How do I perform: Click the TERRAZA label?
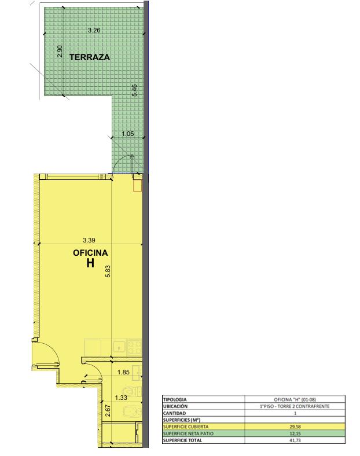(x=90, y=57)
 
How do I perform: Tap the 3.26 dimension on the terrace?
(x=94, y=30)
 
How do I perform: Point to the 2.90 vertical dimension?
(x=60, y=51)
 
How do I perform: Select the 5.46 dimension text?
(x=134, y=90)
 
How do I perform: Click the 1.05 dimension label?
(x=128, y=134)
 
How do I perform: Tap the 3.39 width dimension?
(x=89, y=240)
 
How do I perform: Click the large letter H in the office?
(x=90, y=263)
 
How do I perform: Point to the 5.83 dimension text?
(x=108, y=271)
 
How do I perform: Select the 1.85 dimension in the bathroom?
(x=123, y=372)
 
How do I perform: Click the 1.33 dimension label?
(x=121, y=398)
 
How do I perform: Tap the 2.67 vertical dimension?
(x=108, y=411)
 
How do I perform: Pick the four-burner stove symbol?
(x=135, y=347)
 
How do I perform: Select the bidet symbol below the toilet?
(x=133, y=412)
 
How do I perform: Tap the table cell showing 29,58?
(x=295, y=426)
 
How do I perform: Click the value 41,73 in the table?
(x=295, y=440)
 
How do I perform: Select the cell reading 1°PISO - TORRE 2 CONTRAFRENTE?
(x=295, y=406)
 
